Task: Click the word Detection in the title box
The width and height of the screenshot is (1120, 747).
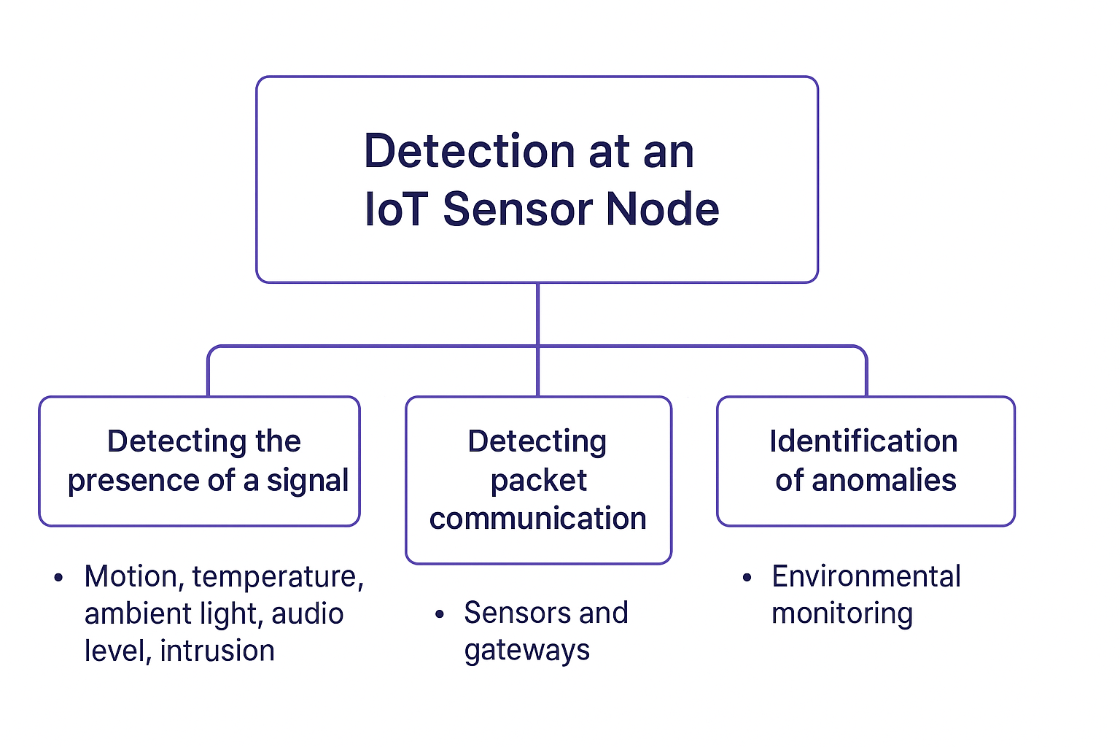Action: pos(469,152)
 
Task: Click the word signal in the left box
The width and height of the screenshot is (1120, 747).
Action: pos(307,481)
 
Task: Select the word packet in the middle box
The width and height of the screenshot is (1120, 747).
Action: pos(538,481)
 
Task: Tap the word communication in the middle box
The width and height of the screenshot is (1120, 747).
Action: pos(538,519)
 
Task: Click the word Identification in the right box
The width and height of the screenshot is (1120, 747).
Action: pos(863,441)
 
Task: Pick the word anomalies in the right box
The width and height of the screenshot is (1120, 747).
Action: pos(883,481)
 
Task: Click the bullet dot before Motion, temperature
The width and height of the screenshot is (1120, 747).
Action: pos(59,578)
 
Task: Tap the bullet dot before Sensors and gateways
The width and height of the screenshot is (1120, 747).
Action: pos(439,614)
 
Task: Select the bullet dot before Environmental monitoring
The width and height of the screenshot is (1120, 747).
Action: pos(747,578)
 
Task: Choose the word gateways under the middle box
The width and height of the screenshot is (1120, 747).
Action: pos(526,651)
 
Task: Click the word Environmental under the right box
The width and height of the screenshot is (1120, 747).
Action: pos(866,577)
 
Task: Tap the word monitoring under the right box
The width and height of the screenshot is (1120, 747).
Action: pos(841,614)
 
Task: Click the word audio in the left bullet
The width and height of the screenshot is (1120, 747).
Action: pos(307,614)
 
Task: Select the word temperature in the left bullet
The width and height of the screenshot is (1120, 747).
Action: pos(277,577)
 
